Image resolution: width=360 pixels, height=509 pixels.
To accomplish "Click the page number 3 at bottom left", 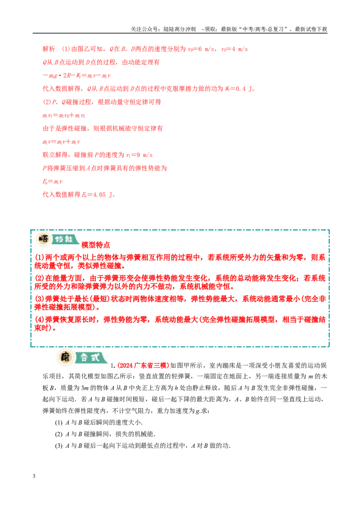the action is pos(34,476).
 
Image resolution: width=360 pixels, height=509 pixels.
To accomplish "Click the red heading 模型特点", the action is pos(95,245).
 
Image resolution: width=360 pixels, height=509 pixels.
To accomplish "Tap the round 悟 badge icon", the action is pos(43,239).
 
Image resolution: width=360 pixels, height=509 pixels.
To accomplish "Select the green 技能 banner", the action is pos(65,240).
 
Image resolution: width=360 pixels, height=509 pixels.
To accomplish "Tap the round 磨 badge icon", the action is pos(65,357).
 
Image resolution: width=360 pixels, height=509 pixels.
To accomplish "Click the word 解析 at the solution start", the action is pos(49,49).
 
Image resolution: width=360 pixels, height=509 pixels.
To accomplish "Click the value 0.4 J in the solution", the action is pos(244,89).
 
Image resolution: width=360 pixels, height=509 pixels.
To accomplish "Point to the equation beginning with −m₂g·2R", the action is pos(76,76).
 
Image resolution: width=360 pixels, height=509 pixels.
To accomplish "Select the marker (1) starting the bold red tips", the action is pos(39,258).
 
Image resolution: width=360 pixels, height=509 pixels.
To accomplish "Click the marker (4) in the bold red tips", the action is pos(39,320).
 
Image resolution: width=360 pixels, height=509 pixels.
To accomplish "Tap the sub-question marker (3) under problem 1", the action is pos(58,446).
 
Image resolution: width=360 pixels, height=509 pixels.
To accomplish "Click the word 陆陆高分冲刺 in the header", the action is pos(180,29).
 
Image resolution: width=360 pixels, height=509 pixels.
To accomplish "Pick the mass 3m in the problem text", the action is pos(85,388).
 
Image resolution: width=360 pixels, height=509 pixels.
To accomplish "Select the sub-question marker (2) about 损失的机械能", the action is pos(58,434).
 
